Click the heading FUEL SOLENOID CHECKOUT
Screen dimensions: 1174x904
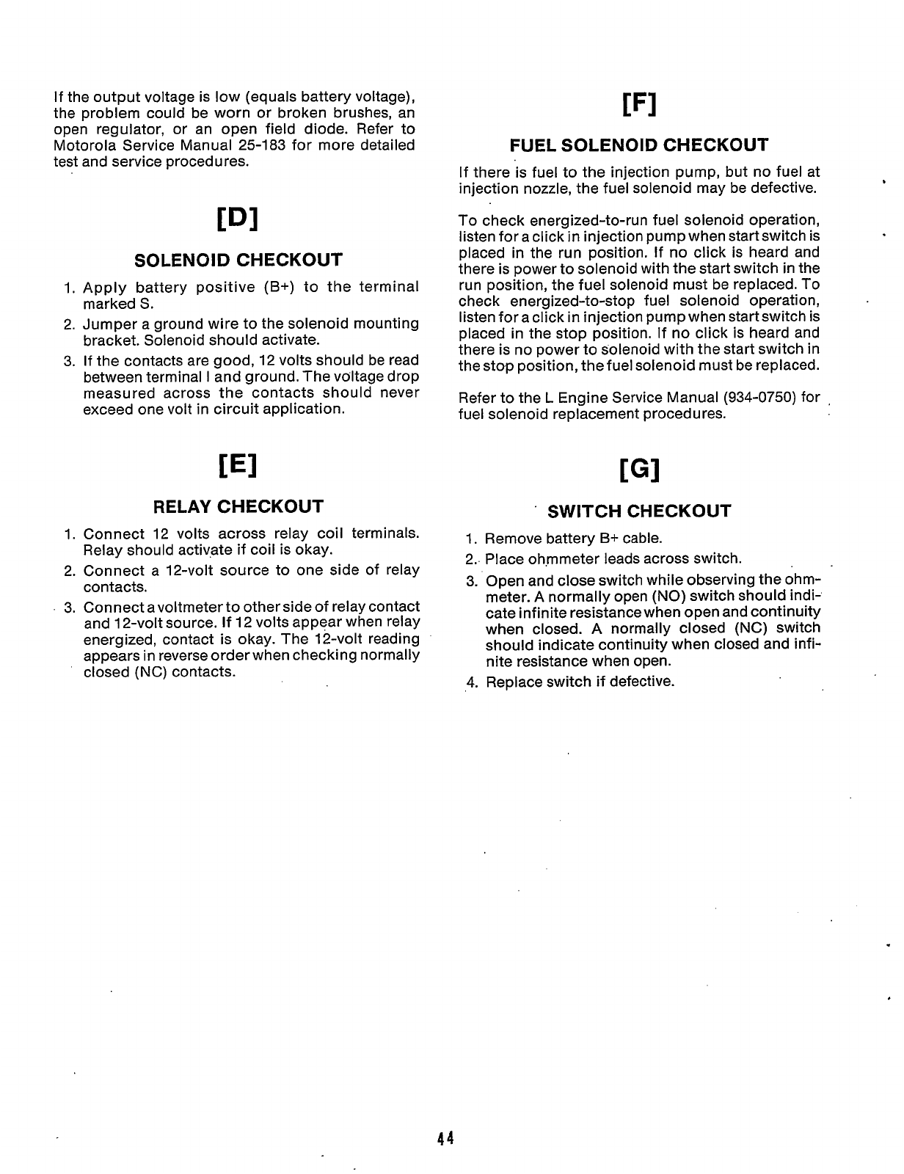click(638, 145)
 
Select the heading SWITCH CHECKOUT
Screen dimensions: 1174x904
click(639, 511)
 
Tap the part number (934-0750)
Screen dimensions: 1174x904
click(761, 398)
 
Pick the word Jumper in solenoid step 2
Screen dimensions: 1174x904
click(107, 324)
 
